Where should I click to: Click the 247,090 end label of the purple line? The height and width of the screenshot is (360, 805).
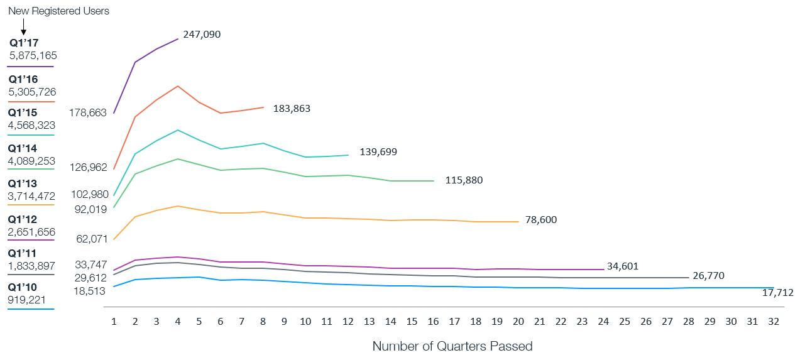click(202, 35)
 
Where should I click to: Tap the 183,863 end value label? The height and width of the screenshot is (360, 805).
click(292, 109)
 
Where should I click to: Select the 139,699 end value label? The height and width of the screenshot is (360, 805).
click(378, 152)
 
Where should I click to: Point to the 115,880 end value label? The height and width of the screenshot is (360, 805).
click(464, 180)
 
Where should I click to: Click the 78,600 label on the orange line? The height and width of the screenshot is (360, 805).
click(540, 220)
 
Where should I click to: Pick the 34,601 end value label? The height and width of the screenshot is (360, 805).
click(623, 266)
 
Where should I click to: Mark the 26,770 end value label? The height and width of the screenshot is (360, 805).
click(709, 275)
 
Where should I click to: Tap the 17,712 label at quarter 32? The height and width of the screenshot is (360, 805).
click(778, 293)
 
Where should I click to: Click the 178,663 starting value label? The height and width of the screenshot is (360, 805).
click(88, 113)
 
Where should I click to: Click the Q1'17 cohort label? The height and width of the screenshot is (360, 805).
click(24, 43)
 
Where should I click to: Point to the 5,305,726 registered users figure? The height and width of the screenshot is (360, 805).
click(33, 92)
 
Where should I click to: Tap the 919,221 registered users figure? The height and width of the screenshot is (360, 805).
click(27, 300)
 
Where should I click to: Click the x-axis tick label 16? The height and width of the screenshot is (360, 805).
click(433, 321)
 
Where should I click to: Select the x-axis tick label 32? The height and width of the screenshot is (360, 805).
click(774, 321)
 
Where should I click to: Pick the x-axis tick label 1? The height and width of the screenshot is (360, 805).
click(114, 321)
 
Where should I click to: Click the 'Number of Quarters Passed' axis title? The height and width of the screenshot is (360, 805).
click(452, 346)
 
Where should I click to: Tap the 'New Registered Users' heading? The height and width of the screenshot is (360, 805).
click(58, 11)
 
